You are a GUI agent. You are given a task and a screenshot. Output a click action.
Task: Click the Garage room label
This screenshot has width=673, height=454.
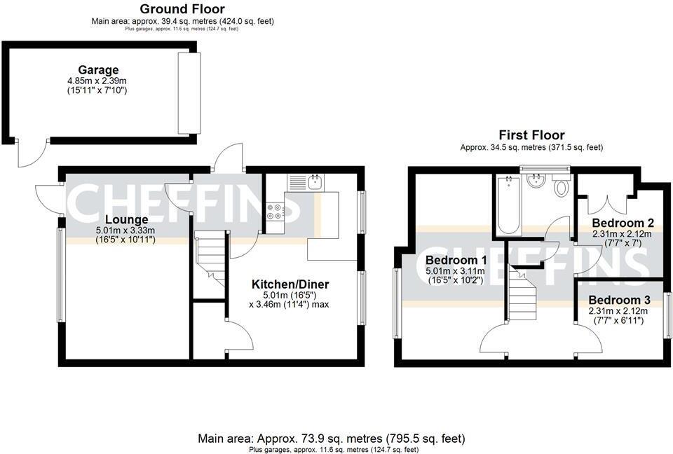[x=98, y=70]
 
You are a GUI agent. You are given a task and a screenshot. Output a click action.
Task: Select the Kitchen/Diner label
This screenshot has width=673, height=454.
[x=290, y=284]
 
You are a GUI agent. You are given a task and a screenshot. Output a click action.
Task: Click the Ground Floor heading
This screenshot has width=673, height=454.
[x=182, y=9]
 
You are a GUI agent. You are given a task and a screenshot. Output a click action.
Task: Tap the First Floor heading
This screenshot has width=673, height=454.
[x=531, y=135]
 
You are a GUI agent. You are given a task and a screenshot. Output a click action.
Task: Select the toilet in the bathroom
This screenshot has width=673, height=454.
[x=562, y=187]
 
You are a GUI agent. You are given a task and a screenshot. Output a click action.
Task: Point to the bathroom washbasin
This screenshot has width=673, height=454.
[x=537, y=180]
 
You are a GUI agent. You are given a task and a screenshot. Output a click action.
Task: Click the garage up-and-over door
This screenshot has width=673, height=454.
[x=188, y=92]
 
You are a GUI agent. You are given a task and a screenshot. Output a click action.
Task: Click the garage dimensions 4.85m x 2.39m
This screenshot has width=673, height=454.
[x=97, y=81]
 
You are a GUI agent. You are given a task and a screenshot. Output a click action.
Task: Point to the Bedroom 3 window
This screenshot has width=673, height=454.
[x=667, y=316]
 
